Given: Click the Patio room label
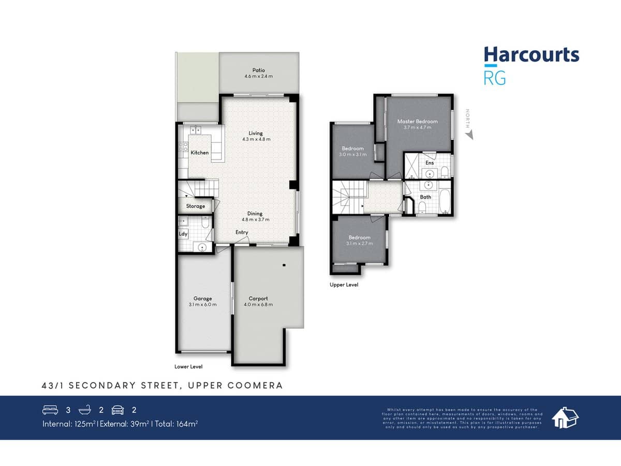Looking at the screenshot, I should click(x=259, y=70).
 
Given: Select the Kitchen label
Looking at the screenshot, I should click(x=200, y=153).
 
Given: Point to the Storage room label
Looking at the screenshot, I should click(x=196, y=206).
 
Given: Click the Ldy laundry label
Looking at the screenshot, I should click(x=183, y=234).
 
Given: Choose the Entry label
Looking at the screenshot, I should click(x=242, y=232).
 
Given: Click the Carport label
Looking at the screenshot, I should click(x=258, y=298).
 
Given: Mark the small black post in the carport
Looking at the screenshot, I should click(x=284, y=265).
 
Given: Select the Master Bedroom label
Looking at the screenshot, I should click(x=417, y=122).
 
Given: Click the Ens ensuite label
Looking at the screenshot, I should click(x=430, y=163).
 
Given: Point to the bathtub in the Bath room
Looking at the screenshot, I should click(x=445, y=202).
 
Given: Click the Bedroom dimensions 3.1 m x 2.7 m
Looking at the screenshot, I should click(x=359, y=243).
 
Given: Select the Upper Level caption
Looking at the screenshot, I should click(x=344, y=285).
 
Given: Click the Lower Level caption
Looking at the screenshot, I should click(x=188, y=367).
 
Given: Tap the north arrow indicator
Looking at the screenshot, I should click(x=469, y=135).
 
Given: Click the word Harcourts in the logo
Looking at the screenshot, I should click(x=531, y=54).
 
